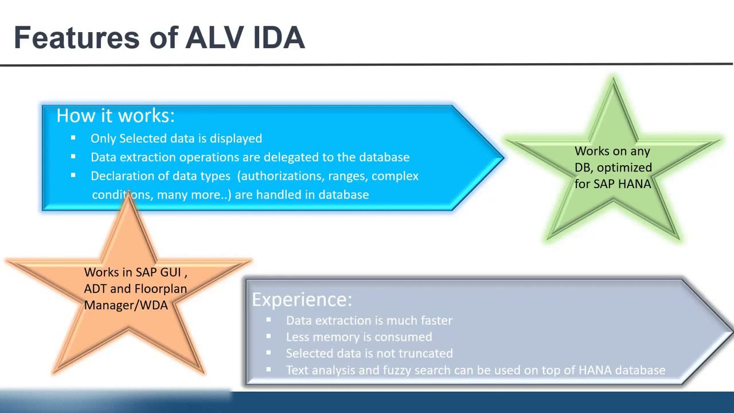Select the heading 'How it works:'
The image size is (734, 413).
[115, 116]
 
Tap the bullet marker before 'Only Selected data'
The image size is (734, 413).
[73, 138]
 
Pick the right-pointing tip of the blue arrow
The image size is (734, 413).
[502, 157]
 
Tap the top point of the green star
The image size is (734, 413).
[614, 80]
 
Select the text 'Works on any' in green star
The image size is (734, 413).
[612, 151]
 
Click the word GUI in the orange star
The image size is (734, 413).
[170, 272]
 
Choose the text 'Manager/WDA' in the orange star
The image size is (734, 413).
[126, 305]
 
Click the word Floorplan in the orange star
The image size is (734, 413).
[160, 289]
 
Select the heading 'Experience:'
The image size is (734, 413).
[302, 299]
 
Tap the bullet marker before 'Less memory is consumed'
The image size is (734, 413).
[268, 337]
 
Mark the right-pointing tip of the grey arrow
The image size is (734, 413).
[731, 332]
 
